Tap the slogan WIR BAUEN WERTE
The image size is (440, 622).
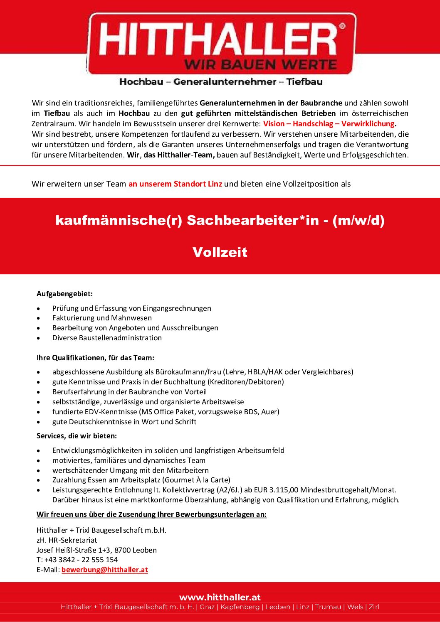tap(260, 65)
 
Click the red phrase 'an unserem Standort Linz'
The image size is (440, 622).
tap(175, 184)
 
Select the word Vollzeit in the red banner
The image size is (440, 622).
tap(220, 252)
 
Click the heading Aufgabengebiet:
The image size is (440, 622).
tap(64, 294)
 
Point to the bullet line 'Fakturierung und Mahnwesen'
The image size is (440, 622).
tap(102, 318)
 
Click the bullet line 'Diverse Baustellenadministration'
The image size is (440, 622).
tap(107, 338)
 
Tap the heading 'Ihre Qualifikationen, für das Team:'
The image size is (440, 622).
tap(95, 358)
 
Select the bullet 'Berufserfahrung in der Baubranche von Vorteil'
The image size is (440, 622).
tap(129, 392)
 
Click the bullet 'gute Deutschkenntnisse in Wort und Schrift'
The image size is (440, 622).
tap(124, 422)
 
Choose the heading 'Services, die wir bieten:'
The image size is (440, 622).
tap(77, 436)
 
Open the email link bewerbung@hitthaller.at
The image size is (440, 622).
tap(105, 570)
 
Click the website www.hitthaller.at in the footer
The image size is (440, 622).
tap(220, 597)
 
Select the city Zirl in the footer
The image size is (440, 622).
tap(374, 607)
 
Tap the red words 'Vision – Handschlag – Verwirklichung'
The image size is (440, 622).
tap(329, 124)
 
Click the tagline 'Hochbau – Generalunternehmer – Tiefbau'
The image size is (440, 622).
tap(221, 82)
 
